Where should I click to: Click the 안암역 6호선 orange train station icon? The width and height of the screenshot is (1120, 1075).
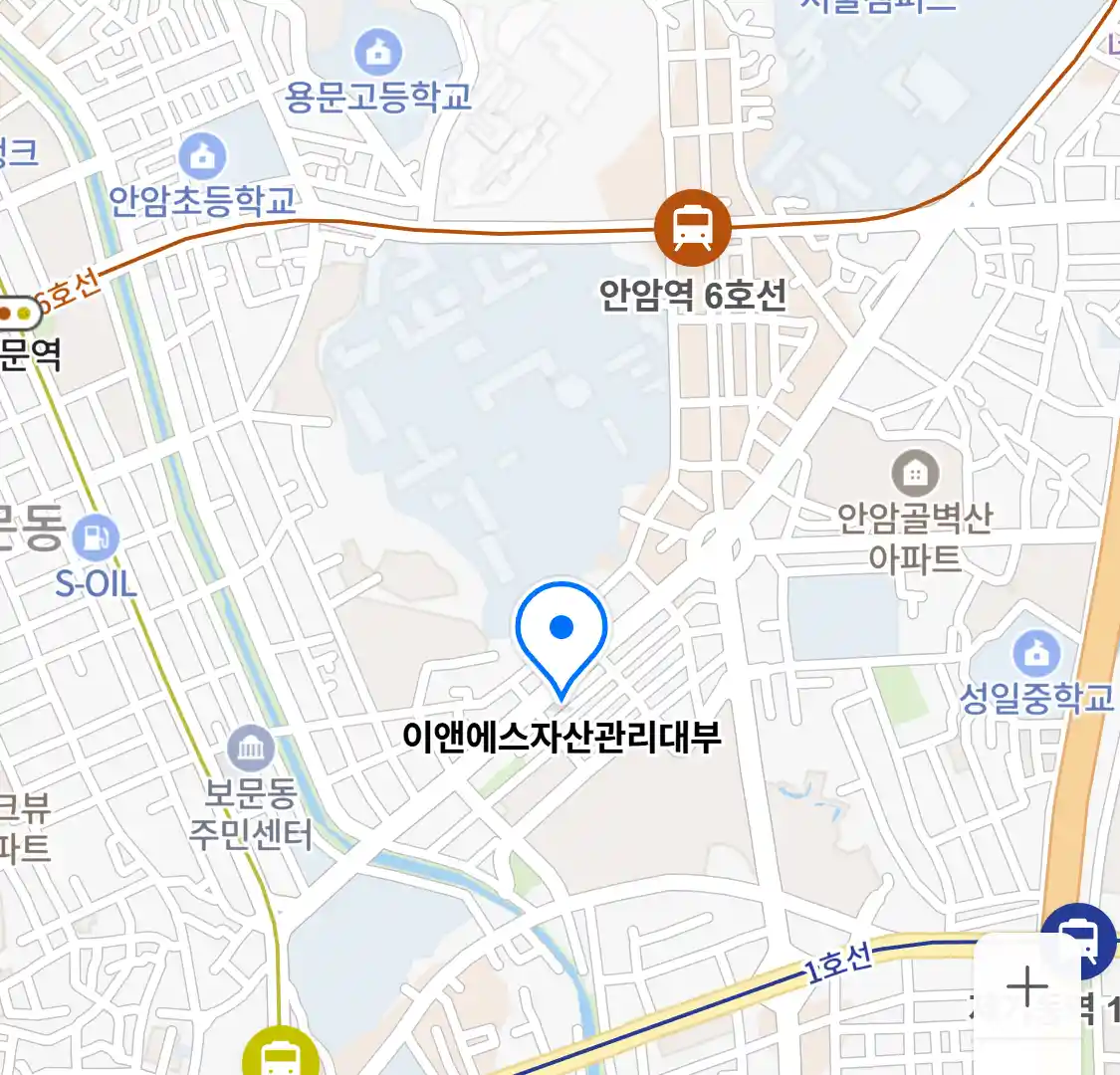pyautogui.click(x=692, y=228)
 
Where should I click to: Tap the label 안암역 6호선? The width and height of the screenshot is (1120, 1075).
pyautogui.click(x=693, y=296)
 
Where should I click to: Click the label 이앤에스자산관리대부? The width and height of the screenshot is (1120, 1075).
pyautogui.click(x=561, y=737)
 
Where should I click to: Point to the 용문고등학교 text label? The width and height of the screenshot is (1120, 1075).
pyautogui.click(x=378, y=97)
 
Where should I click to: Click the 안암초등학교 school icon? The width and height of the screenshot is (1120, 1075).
pyautogui.click(x=203, y=155)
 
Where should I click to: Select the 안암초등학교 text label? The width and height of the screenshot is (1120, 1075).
pyautogui.click(x=203, y=201)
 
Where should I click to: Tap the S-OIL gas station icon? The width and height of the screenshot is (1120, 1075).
pyautogui.click(x=96, y=538)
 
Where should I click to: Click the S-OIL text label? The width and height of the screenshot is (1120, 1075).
pyautogui.click(x=96, y=583)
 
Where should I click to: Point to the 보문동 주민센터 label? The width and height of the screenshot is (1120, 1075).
pyautogui.click(x=251, y=814)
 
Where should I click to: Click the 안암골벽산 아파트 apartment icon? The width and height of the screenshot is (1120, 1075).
pyautogui.click(x=914, y=474)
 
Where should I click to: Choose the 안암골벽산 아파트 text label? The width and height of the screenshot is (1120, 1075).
pyautogui.click(x=914, y=537)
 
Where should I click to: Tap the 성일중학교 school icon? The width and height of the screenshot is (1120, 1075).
pyautogui.click(x=1036, y=653)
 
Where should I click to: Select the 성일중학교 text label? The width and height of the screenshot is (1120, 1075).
pyautogui.click(x=1036, y=698)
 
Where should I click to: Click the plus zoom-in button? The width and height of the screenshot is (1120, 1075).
pyautogui.click(x=1026, y=987)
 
